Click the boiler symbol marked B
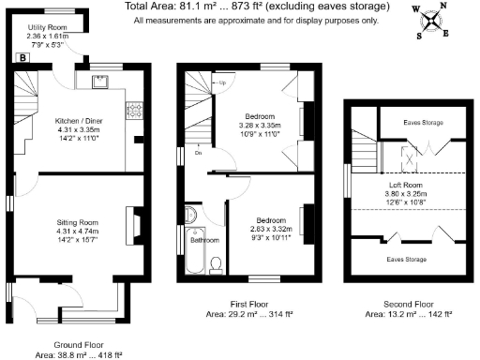22,57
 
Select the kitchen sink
102,81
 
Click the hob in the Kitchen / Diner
134,110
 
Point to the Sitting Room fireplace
137,223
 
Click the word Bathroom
205,240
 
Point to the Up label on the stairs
226,83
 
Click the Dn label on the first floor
198,152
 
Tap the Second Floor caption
409,305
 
